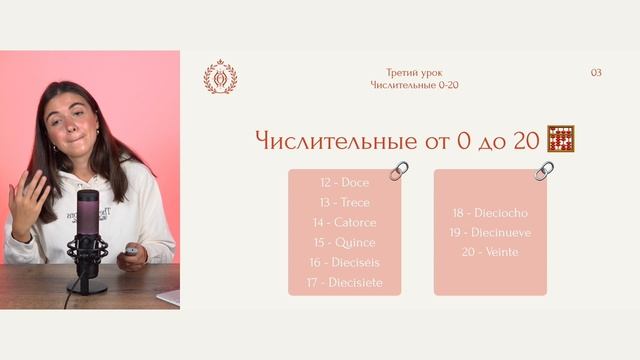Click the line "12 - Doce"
point(345,183)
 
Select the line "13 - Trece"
point(345,203)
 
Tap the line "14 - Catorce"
point(345,223)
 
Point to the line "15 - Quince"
point(345,243)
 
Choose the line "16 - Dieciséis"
point(345,263)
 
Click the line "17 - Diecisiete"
point(345,283)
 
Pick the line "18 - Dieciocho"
point(490,213)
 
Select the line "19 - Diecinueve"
point(490,232)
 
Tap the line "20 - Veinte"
point(490,252)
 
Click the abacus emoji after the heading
point(562,139)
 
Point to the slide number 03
point(596,73)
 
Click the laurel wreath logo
point(220,77)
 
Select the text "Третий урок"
point(414,73)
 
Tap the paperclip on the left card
point(399,171)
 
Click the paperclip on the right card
point(544,171)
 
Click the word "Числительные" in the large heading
point(336,141)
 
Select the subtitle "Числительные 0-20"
point(414,85)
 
